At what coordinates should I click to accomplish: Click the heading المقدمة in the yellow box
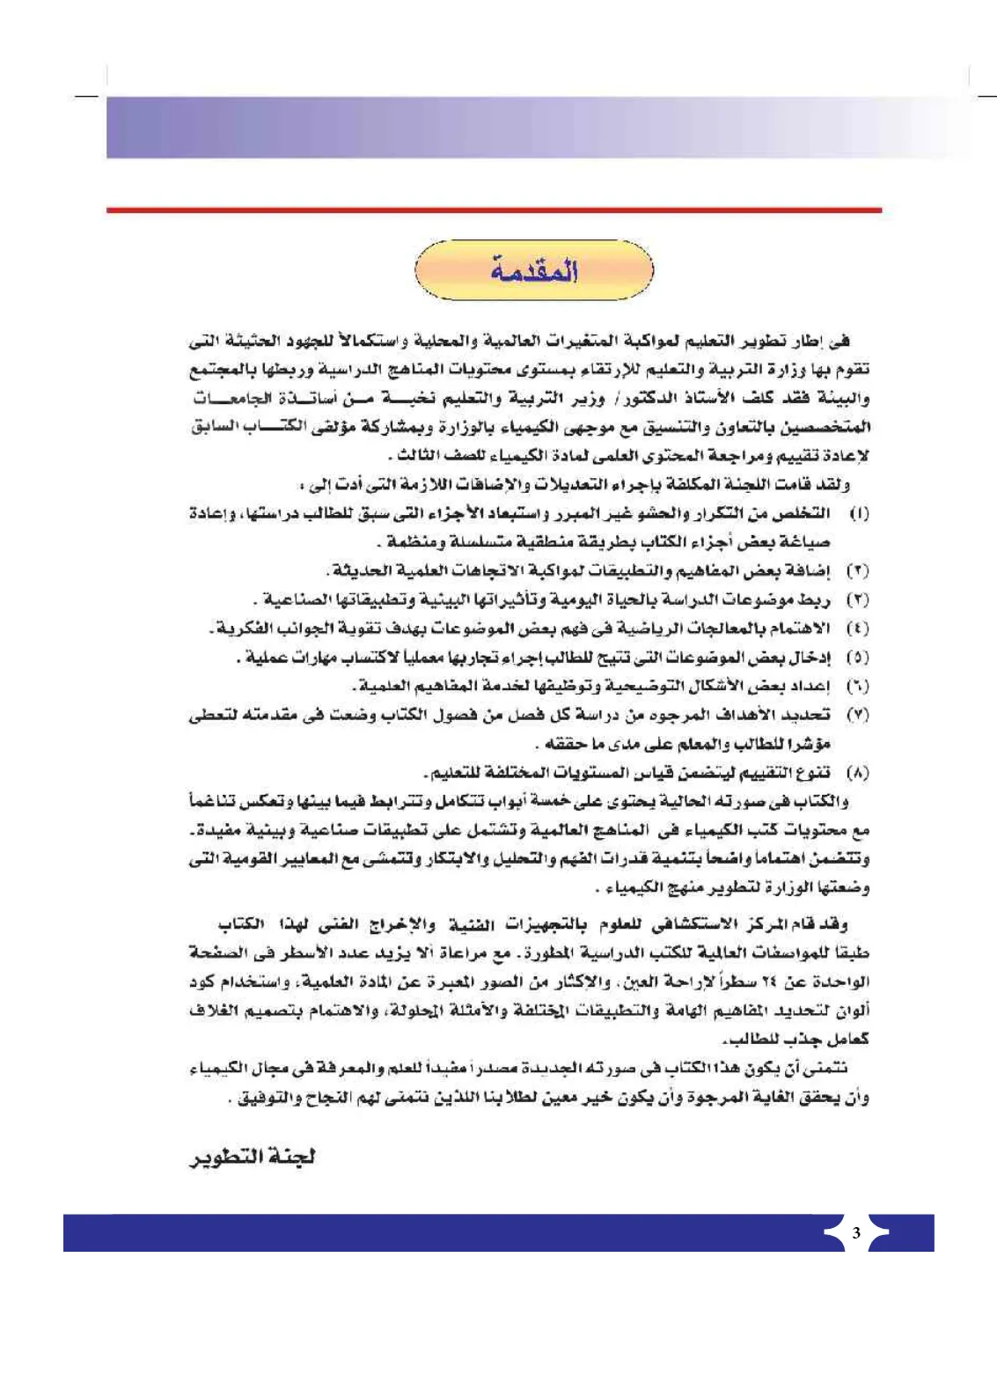coord(534,271)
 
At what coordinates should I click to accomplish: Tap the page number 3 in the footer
coord(856,1232)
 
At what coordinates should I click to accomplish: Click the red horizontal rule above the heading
coord(494,210)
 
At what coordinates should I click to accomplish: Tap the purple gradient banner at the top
coord(493,128)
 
